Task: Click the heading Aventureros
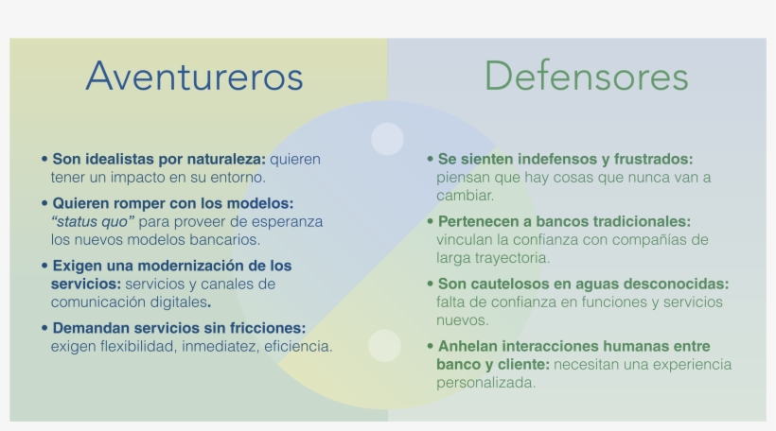click(x=195, y=77)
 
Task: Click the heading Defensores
click(x=587, y=77)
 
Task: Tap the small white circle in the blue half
click(x=387, y=139)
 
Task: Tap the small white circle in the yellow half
click(x=384, y=346)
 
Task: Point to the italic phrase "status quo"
click(x=93, y=222)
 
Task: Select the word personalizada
click(x=486, y=383)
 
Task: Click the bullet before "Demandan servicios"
click(x=44, y=328)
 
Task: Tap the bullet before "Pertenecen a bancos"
click(x=430, y=221)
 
